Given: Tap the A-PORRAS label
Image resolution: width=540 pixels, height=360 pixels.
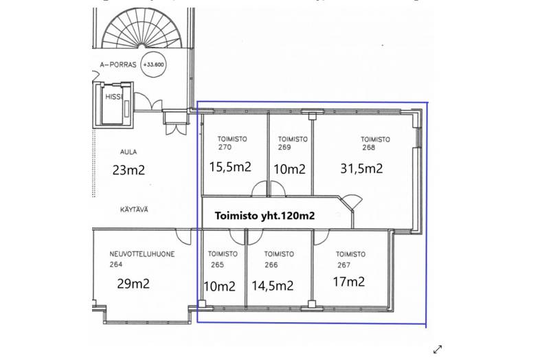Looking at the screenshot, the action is (x=118, y=65).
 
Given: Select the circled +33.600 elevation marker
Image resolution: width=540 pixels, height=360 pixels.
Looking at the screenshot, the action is (x=154, y=65).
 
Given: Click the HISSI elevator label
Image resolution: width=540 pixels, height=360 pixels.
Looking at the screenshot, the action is (x=113, y=97).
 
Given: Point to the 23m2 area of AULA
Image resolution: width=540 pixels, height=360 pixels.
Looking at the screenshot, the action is (x=128, y=170).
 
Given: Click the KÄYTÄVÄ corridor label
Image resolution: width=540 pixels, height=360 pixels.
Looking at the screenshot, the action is (x=134, y=210).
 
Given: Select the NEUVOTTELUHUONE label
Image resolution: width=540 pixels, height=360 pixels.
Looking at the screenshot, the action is (x=142, y=254).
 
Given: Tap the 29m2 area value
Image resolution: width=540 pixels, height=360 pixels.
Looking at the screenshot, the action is (x=133, y=284).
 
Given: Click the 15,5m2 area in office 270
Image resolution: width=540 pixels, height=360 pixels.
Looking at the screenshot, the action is (x=230, y=167).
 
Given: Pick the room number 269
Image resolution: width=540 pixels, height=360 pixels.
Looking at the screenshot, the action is (x=284, y=148).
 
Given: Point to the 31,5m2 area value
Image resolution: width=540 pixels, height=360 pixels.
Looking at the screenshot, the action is (x=361, y=168).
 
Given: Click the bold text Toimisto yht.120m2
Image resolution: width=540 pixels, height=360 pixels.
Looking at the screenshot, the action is (x=265, y=216).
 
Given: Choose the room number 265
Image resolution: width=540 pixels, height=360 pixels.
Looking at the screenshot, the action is (x=217, y=265).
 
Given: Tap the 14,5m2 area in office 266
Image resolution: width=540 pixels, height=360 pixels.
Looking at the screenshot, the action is (x=273, y=286).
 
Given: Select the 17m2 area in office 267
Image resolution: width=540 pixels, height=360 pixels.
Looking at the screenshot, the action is (x=349, y=282).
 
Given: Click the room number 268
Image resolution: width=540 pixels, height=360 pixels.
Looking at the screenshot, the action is (x=368, y=148).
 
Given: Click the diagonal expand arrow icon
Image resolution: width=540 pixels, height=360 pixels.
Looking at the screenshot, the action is (x=438, y=349).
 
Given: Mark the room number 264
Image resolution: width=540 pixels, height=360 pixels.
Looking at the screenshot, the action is (x=116, y=265).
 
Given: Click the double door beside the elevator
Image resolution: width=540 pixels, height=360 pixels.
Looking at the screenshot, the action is (x=148, y=102).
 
